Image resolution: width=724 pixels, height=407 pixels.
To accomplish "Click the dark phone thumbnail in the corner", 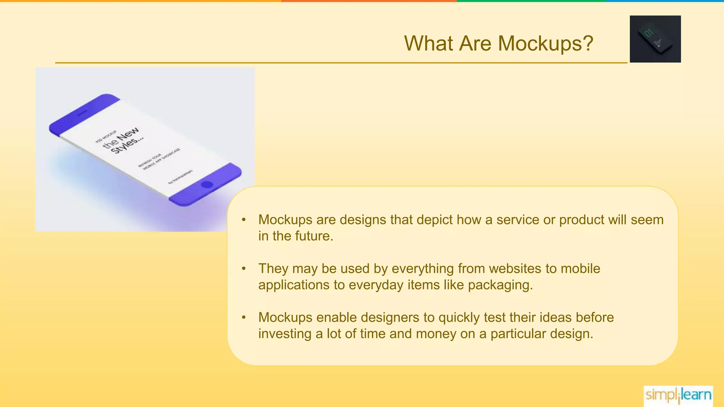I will tap(655, 39).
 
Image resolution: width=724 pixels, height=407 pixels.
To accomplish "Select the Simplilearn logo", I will tap(678, 395).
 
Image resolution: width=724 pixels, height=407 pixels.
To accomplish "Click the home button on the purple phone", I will tap(207, 184).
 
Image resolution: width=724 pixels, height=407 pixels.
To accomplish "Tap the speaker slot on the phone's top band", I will tap(82, 113).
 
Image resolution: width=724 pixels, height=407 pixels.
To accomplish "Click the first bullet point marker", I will tap(244, 220).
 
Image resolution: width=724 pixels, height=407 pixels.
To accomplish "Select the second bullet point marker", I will tap(244, 269).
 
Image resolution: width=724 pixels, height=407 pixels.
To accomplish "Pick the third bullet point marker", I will tap(244, 318).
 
